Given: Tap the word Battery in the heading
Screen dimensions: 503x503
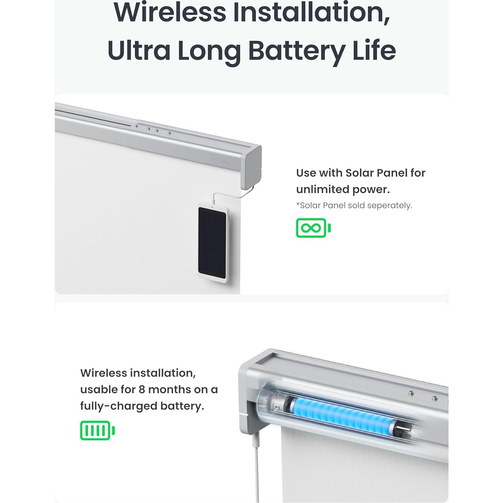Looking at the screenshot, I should coord(296,51).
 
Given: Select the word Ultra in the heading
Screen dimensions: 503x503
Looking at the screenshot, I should coord(139,51).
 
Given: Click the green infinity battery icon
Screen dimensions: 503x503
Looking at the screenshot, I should coord(313,228).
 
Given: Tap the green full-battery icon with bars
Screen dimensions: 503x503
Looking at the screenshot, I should coord(97,430).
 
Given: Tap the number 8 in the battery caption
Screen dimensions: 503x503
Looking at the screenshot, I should coord(142,389).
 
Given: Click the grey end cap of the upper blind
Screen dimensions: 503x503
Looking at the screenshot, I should coord(251,167).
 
